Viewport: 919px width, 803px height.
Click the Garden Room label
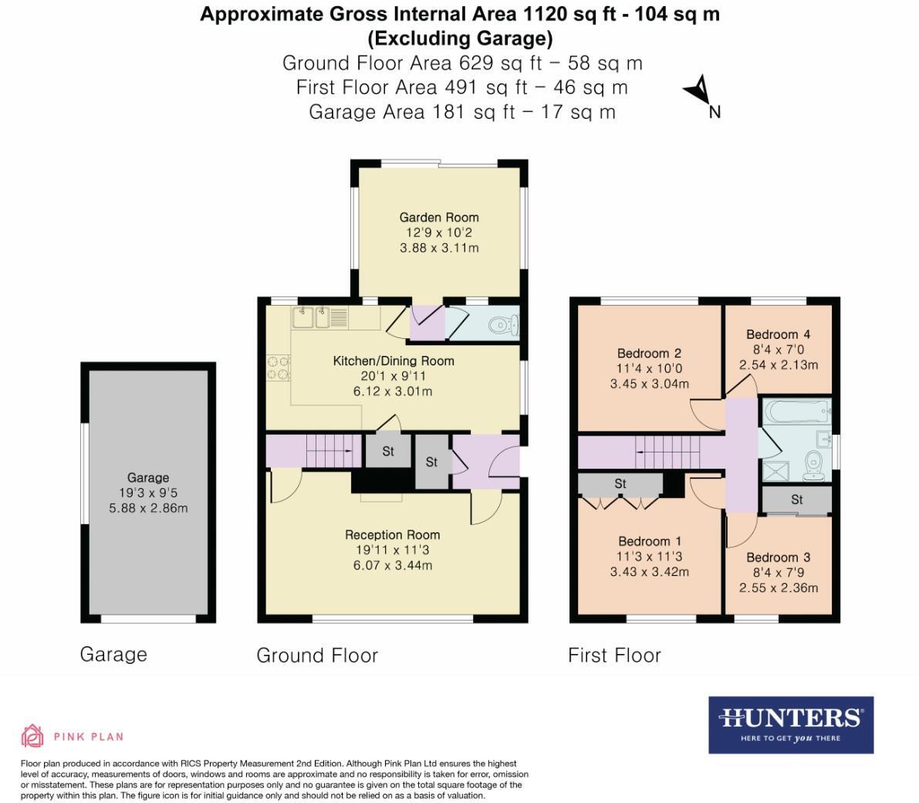click(438, 217)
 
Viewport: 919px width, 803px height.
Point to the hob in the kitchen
click(279, 367)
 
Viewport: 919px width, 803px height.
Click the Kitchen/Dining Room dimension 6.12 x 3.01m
click(394, 391)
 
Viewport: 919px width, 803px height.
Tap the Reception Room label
click(392, 534)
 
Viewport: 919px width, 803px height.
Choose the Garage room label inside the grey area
click(148, 477)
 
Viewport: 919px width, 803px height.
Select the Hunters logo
click(791, 724)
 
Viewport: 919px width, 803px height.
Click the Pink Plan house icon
click(32, 736)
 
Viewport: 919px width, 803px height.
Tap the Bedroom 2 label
click(649, 354)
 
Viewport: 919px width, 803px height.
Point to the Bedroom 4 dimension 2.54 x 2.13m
click(779, 364)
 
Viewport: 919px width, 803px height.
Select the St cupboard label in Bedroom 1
click(620, 484)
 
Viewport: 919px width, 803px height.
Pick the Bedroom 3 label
click(778, 557)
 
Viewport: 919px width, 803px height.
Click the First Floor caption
click(614, 656)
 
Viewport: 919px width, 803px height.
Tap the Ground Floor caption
click(317, 656)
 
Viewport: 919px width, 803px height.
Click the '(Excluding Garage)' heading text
click(460, 38)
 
